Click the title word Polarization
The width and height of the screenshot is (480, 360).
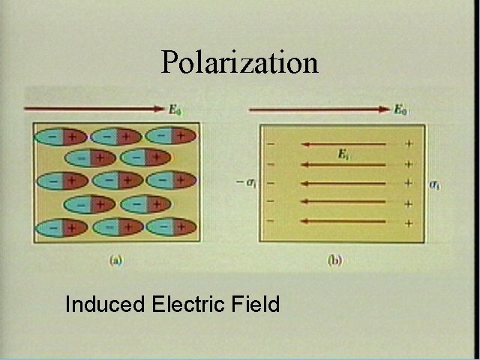[x=239, y=61]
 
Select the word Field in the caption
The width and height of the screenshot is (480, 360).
[x=254, y=304]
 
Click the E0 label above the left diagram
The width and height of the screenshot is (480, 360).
[x=175, y=110]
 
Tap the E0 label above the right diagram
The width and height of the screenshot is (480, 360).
[x=401, y=110]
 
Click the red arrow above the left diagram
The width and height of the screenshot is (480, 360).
[x=94, y=109]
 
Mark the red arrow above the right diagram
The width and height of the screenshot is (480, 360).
[x=319, y=109]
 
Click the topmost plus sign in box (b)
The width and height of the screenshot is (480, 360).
[x=409, y=143]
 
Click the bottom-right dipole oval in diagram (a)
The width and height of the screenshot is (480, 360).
[x=171, y=226]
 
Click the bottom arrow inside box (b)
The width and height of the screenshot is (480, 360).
[x=343, y=221]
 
